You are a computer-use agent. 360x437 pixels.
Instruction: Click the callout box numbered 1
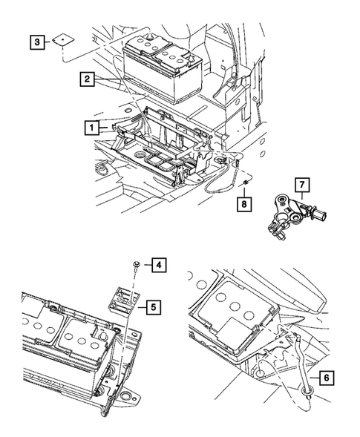91,128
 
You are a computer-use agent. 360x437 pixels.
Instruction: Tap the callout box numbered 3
36,42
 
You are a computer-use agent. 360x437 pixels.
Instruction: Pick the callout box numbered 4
157,263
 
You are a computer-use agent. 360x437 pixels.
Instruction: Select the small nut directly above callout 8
244,183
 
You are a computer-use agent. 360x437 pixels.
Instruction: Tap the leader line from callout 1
105,128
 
